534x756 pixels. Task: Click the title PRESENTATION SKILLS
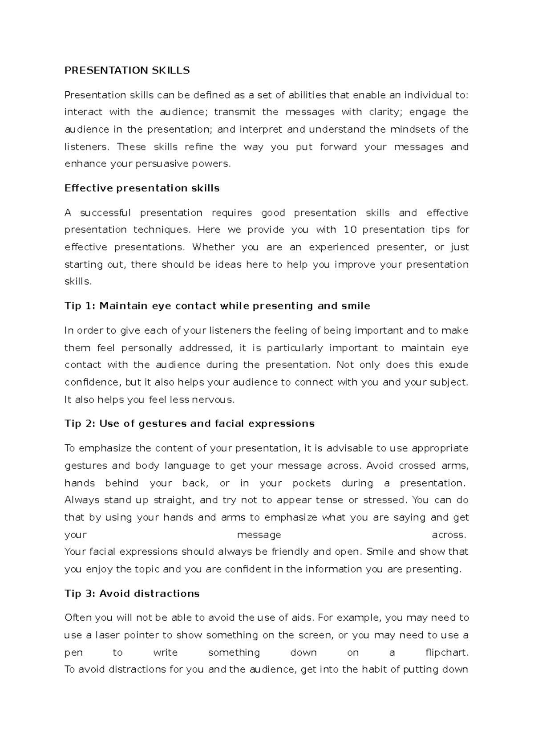pyautogui.click(x=127, y=70)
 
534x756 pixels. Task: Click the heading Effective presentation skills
pyautogui.click(x=142, y=188)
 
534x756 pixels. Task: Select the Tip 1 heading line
pyautogui.click(x=217, y=306)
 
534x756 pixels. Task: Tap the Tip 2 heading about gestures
pyautogui.click(x=190, y=423)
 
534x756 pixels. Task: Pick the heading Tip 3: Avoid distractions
pyautogui.click(x=132, y=593)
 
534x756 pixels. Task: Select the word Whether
pyautogui.click(x=213, y=247)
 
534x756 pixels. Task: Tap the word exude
pyautogui.click(x=453, y=365)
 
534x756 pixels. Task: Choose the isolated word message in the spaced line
pyautogui.click(x=259, y=535)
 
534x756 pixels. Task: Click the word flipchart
pyautogui.click(x=447, y=653)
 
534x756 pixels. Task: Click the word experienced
pyautogui.click(x=339, y=247)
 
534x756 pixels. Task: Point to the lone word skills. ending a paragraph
pyautogui.click(x=78, y=281)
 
